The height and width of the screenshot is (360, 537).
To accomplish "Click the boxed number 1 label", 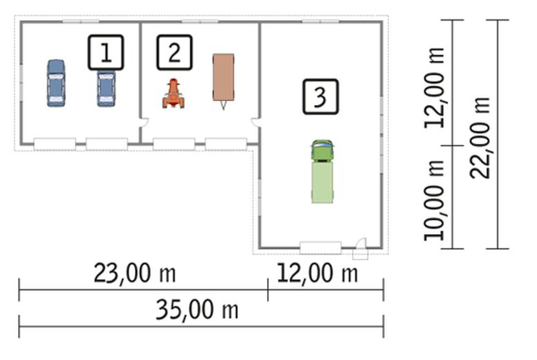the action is [106, 53].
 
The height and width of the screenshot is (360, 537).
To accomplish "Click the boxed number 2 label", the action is [174, 53].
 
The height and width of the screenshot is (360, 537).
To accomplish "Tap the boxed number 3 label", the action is [320, 97].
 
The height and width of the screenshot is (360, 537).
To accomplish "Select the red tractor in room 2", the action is [173, 93].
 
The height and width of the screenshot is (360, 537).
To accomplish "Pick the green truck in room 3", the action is [322, 171].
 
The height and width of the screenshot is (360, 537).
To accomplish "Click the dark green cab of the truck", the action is [322, 150].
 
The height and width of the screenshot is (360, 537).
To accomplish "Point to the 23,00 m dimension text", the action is [134, 273].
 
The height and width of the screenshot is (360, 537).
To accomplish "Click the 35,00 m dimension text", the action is [197, 309].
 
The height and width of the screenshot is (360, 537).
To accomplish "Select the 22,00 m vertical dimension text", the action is [480, 137].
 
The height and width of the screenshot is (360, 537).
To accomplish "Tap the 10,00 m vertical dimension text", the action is [435, 200].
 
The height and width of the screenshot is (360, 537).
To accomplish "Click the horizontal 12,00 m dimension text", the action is [317, 273].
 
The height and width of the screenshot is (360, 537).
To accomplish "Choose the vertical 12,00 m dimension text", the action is [435, 88].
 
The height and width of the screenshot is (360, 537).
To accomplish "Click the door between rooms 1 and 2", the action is [145, 123].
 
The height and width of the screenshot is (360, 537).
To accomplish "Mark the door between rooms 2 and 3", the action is [255, 123].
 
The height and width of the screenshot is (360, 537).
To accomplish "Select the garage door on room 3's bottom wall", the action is [320, 248].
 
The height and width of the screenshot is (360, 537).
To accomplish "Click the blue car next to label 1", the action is [106, 89].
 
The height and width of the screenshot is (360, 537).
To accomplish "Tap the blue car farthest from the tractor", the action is [56, 83].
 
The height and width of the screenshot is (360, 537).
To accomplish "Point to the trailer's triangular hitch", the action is [224, 105].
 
